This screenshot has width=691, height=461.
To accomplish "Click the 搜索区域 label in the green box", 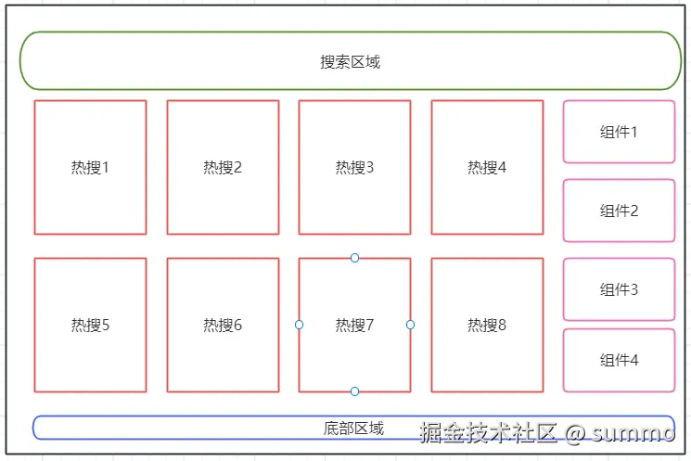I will pyautogui.click(x=351, y=62).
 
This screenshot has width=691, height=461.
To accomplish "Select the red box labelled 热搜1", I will pyautogui.click(x=90, y=168).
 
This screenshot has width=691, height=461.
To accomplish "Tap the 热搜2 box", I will pyautogui.click(x=223, y=168).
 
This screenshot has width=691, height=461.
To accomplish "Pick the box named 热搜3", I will pyautogui.click(x=354, y=168).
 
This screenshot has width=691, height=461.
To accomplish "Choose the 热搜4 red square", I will pyautogui.click(x=487, y=168).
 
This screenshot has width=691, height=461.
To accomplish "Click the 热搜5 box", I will pyautogui.click(x=90, y=326).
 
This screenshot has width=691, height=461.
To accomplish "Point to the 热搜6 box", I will pyautogui.click(x=223, y=326).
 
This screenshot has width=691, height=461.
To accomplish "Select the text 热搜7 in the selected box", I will pyautogui.click(x=354, y=326).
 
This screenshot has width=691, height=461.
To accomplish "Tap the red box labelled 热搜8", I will pyautogui.click(x=487, y=326).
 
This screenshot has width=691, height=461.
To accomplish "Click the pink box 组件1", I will pyautogui.click(x=619, y=132).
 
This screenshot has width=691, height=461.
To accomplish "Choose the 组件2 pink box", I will pyautogui.click(x=619, y=211).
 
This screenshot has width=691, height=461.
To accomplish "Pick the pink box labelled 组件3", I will pyautogui.click(x=619, y=289).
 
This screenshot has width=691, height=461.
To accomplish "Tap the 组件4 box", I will pyautogui.click(x=619, y=361).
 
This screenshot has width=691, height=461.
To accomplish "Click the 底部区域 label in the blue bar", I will pyautogui.click(x=353, y=429).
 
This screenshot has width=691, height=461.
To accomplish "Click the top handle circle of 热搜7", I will pyautogui.click(x=354, y=258).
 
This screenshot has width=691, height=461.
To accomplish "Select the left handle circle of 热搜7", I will pyautogui.click(x=299, y=325).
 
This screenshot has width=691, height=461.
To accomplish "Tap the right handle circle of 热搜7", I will pyautogui.click(x=411, y=325).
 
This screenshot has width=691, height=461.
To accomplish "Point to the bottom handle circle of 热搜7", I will pyautogui.click(x=354, y=391).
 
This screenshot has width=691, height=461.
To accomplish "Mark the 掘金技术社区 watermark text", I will pyautogui.click(x=488, y=433).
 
